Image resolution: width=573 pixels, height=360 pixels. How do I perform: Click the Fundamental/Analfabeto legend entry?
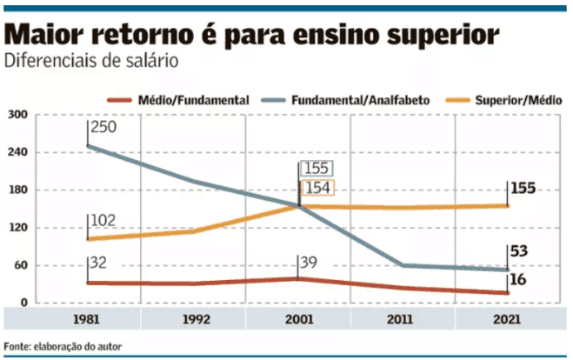tap(358, 101)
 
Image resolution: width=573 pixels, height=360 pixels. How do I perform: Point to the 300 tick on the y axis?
tap(18, 115)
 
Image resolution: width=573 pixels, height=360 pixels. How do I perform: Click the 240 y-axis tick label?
tap(18, 152)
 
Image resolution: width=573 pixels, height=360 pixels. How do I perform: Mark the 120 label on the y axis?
tap(18, 228)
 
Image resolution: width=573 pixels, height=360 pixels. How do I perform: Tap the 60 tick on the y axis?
tap(21, 265)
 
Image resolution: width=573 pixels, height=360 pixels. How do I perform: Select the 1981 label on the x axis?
tap(87, 319)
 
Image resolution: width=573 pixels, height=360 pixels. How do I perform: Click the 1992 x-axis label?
tap(193, 319)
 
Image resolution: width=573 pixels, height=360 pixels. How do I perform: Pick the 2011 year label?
tap(403, 319)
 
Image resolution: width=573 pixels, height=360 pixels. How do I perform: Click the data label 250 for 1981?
tap(103, 128)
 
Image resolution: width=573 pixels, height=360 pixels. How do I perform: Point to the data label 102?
tap(103, 221)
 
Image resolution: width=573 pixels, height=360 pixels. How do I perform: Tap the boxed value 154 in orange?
tap(317, 189)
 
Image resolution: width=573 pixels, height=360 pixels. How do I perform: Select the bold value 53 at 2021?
tap(520, 252)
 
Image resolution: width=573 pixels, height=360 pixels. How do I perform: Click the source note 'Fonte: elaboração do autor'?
tap(63, 346)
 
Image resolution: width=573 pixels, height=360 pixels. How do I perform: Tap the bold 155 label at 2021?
tap(523, 188)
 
